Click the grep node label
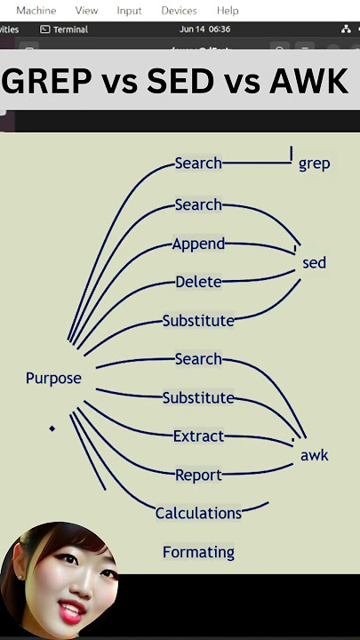(x=315, y=164)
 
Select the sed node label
(x=315, y=262)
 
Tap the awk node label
(x=315, y=455)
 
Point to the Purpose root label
(x=53, y=379)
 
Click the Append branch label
(x=198, y=244)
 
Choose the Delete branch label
(x=198, y=282)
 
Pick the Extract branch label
(x=199, y=436)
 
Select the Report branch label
(x=198, y=475)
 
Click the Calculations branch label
(x=198, y=513)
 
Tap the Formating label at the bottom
(x=198, y=552)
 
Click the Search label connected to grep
(x=198, y=164)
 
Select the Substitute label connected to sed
(x=198, y=321)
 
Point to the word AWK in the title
(x=308, y=80)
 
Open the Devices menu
(x=179, y=11)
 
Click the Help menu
(x=228, y=11)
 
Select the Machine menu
(x=36, y=11)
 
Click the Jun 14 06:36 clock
(x=205, y=29)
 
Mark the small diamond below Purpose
(x=52, y=428)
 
